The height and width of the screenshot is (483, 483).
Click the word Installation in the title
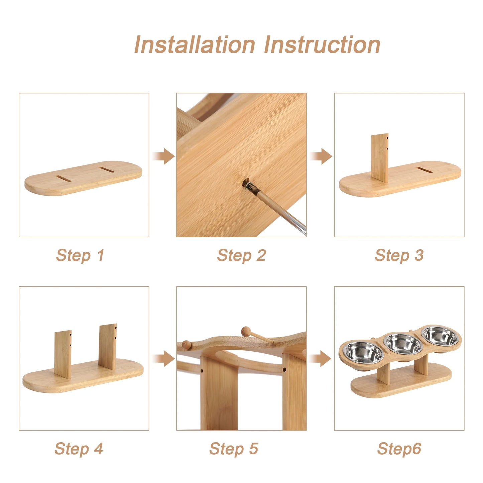pyautogui.click(x=195, y=44)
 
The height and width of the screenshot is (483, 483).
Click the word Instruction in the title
pyautogui.click(x=322, y=44)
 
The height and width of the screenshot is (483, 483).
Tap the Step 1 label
pyautogui.click(x=80, y=255)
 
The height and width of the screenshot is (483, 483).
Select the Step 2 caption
pyautogui.click(x=241, y=255)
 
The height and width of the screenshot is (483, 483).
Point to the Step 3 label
pyautogui.click(x=399, y=255)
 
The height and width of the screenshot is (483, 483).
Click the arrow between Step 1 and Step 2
pyautogui.click(x=163, y=156)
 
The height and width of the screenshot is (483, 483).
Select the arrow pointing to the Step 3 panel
pyautogui.click(x=321, y=156)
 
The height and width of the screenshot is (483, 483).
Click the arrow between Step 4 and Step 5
pyautogui.click(x=163, y=359)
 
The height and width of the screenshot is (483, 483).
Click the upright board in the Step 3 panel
pyautogui.click(x=380, y=158)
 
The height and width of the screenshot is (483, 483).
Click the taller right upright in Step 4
pyautogui.click(x=108, y=347)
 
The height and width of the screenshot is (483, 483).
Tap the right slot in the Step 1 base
pyautogui.click(x=107, y=170)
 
